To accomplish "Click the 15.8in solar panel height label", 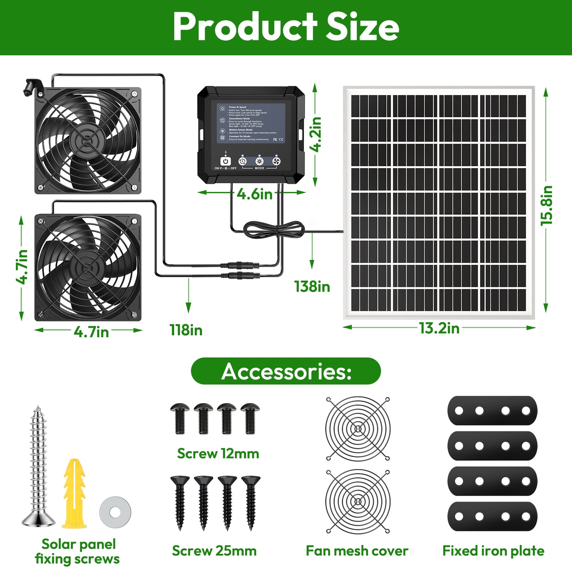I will point(547,205).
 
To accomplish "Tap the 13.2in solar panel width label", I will point(439,328).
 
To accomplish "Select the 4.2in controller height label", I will point(316,134).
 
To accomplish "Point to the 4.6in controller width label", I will point(255,194).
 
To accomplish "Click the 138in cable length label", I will point(312,287).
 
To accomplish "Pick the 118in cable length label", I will point(186,330).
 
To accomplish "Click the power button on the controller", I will point(225,161).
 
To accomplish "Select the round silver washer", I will point(115,513).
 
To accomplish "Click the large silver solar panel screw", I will point(38,467).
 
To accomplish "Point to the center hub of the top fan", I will point(87,141).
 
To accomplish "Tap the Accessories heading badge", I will point(286,371).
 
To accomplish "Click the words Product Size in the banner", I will point(286,27).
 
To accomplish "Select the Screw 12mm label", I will point(218,454).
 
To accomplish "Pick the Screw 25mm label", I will point(214,551).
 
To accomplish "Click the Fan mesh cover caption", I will point(357,551).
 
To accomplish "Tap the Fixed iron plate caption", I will point(493,551).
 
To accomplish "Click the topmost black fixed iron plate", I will point(492,410).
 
